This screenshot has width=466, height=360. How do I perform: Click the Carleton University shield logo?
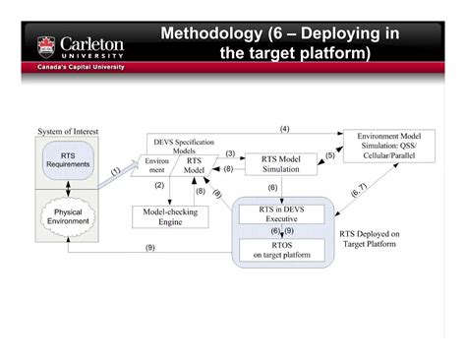[47, 45]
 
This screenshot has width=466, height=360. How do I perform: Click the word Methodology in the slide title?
[217, 34]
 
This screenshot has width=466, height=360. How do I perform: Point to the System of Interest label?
[68, 132]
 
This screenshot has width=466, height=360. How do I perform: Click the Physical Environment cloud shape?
[68, 214]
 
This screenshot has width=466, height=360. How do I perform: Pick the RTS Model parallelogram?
[196, 164]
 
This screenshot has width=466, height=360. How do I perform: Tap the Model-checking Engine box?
[170, 215]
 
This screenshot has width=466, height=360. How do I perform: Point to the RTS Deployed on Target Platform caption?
[369, 239]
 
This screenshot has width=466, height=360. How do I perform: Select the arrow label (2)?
[158, 185]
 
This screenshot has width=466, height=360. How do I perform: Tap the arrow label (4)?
[284, 129]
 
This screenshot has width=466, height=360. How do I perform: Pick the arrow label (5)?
[330, 154]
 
